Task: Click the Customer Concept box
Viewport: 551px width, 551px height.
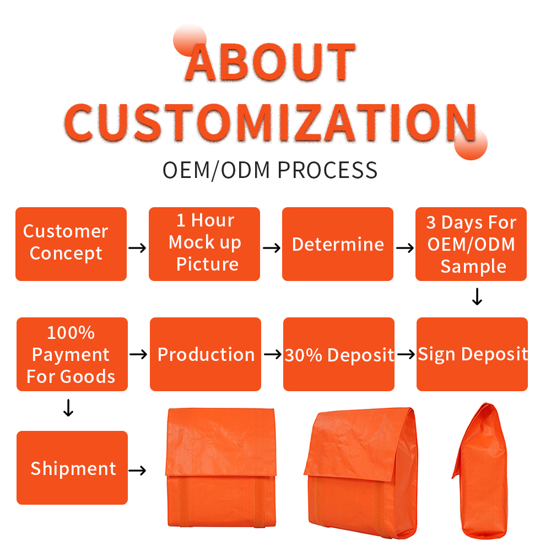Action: coord(71,244)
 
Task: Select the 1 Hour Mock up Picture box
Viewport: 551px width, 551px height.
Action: coord(204,244)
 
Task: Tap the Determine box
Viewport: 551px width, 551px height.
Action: coord(338,244)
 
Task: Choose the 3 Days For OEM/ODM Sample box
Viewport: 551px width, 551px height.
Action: coord(471,244)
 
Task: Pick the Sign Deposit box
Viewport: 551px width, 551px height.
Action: coord(472,354)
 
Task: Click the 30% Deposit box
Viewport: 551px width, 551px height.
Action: coord(339,354)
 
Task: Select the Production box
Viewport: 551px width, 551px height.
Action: coord(205,354)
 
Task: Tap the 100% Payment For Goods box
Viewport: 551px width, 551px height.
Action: coord(72,354)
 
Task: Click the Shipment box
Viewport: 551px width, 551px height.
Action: coord(72,468)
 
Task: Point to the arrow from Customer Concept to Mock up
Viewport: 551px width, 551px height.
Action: coord(137,248)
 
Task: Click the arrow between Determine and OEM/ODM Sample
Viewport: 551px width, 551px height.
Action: coord(405,248)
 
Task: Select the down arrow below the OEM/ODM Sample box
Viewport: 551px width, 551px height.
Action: coord(477,296)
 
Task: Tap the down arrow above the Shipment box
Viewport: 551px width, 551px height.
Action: coord(68,408)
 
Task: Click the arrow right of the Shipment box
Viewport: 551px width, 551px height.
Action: coord(137,470)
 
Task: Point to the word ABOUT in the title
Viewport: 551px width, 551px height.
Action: coord(270,63)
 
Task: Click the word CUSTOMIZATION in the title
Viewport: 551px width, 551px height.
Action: coord(270,122)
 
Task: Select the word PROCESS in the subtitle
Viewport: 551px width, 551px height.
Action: coord(327,170)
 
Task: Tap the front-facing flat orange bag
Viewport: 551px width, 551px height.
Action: coord(221,467)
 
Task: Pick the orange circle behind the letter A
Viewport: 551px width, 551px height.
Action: coord(190,40)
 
